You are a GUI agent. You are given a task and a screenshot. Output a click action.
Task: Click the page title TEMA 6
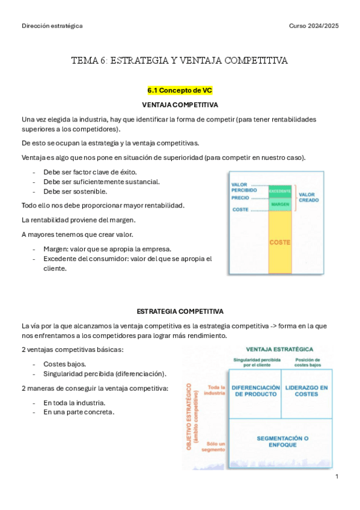(180, 60)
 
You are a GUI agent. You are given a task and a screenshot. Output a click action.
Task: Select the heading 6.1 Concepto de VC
(180, 90)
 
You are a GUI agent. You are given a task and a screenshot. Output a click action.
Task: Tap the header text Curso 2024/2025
(314, 26)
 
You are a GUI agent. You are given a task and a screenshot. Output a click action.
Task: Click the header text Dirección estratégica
(52, 26)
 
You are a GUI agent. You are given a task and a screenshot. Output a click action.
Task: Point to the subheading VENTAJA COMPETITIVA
(180, 105)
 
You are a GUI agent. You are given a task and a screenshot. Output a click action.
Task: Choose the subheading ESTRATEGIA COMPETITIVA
(180, 311)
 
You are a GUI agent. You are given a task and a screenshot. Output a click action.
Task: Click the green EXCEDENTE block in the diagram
(280, 191)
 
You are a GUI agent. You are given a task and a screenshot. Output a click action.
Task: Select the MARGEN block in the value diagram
(280, 204)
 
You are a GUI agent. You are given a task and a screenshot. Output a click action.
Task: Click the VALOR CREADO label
(309, 197)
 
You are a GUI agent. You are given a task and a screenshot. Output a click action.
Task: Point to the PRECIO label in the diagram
(240, 197)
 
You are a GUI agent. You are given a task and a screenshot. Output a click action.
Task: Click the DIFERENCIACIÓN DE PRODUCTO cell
(255, 391)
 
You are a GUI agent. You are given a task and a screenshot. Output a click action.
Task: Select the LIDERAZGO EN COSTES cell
(307, 391)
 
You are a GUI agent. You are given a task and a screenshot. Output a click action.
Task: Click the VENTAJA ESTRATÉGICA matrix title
(279, 349)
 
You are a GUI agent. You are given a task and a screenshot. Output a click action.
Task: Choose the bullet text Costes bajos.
(64, 364)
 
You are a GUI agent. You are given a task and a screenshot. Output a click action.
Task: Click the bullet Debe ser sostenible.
(75, 191)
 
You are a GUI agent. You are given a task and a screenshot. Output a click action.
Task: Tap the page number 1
(337, 476)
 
